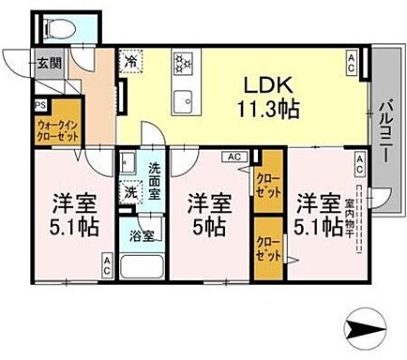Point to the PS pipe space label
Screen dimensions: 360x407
(41, 105)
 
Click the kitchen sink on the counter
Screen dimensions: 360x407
(182, 96)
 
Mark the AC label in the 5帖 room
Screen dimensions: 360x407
(234, 157)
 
